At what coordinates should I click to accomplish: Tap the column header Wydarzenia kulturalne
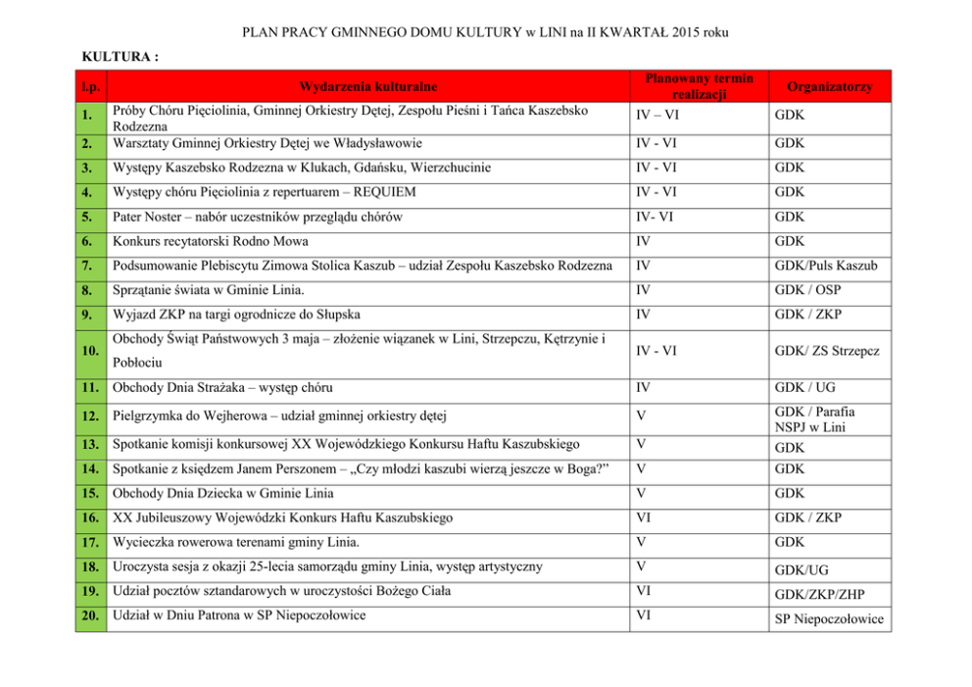tap(368, 87)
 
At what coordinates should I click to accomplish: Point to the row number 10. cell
tap(90, 351)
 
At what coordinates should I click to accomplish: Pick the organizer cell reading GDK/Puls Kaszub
tap(826, 267)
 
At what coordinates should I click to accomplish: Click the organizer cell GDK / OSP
tap(812, 290)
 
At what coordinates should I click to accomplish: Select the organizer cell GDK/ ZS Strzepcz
tap(827, 351)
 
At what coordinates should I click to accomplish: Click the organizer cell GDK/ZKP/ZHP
tap(819, 594)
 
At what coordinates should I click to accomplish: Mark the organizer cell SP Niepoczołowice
tap(829, 619)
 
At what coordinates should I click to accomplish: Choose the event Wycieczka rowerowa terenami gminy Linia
tap(236, 542)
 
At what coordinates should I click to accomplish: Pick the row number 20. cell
tap(90, 615)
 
